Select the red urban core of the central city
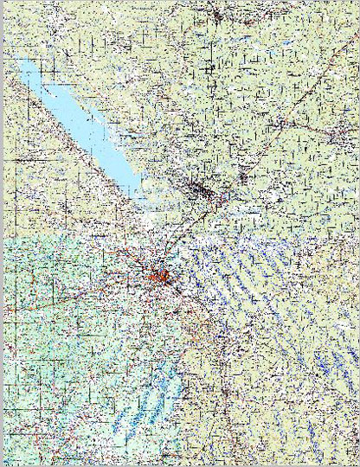[x=160, y=276]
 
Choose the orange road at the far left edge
[x=17, y=303]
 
